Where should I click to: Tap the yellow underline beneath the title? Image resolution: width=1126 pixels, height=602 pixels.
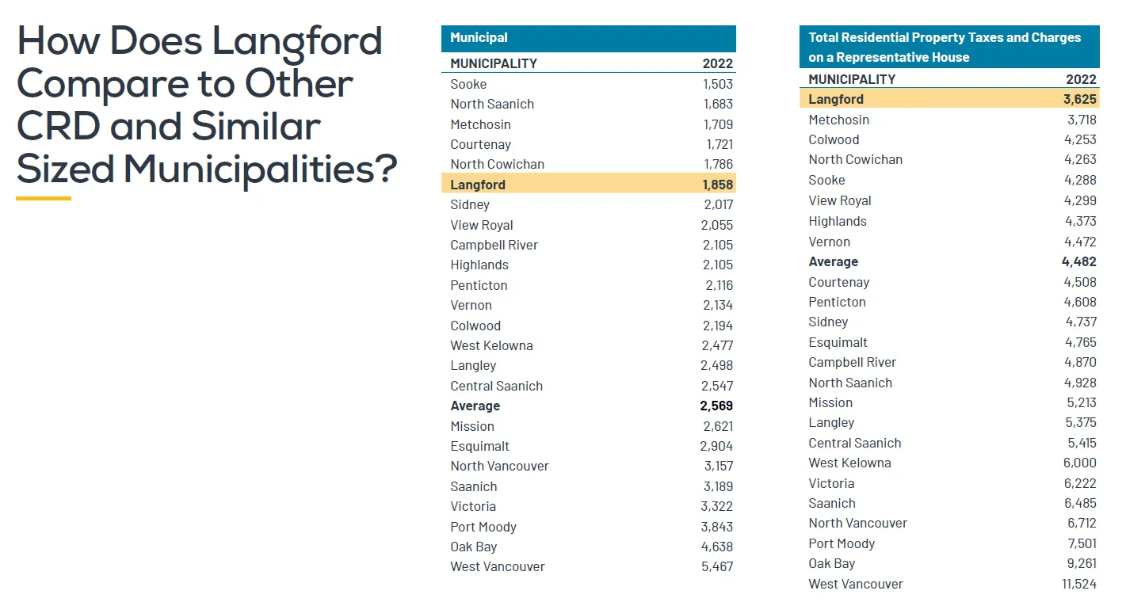pyautogui.click(x=44, y=199)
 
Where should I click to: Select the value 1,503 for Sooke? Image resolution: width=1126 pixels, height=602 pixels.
pyautogui.click(x=718, y=84)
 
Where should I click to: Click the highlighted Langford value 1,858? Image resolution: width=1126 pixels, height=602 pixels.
pyautogui.click(x=718, y=185)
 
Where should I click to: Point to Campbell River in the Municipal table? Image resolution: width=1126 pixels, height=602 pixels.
pyautogui.click(x=494, y=245)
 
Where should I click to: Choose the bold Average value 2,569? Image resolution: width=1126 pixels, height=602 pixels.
pyautogui.click(x=716, y=406)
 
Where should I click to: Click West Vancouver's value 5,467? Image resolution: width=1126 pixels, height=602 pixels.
pyautogui.click(x=717, y=566)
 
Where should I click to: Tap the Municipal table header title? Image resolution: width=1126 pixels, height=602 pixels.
pyautogui.click(x=479, y=38)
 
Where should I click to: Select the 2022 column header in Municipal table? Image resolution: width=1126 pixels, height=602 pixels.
pyautogui.click(x=718, y=63)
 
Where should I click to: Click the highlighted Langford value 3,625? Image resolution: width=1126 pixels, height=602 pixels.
pyautogui.click(x=1080, y=99)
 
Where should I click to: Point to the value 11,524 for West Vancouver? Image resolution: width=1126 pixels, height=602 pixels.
pyautogui.click(x=1079, y=584)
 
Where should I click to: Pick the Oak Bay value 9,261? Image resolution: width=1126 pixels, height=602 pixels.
pyautogui.click(x=1082, y=563)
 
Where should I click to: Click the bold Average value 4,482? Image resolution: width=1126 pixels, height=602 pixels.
pyautogui.click(x=1079, y=261)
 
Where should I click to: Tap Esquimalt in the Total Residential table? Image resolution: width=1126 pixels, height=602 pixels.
pyautogui.click(x=838, y=342)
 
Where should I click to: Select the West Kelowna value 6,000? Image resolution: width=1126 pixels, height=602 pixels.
pyautogui.click(x=1080, y=463)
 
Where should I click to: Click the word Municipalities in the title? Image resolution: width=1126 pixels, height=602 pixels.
pyautogui.click(x=261, y=170)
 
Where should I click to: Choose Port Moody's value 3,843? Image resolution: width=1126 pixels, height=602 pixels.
pyautogui.click(x=717, y=527)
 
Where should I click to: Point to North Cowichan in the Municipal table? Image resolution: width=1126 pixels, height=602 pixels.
pyautogui.click(x=497, y=164)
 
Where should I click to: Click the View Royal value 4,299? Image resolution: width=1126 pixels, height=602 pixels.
pyautogui.click(x=1080, y=200)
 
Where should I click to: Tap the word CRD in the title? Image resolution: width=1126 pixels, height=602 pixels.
pyautogui.click(x=59, y=126)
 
